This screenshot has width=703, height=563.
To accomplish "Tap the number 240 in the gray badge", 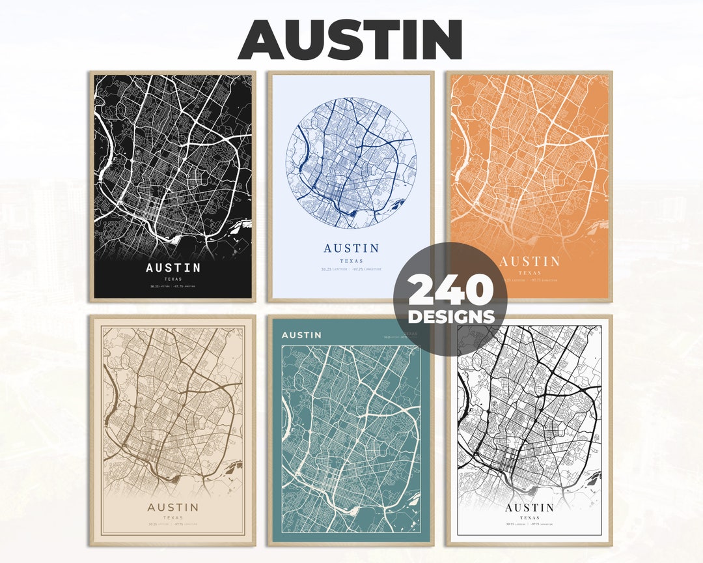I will (450, 291).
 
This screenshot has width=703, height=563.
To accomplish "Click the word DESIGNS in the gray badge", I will (450, 317).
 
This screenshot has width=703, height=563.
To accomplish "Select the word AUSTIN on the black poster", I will (173, 268).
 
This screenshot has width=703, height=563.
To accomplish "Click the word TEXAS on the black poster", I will (173, 278).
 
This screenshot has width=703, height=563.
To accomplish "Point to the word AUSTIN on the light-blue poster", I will (351, 248).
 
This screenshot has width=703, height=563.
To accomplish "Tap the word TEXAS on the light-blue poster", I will (351, 261).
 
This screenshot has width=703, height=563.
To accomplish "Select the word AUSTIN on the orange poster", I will (529, 262).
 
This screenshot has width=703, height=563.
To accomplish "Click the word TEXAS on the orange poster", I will (529, 273).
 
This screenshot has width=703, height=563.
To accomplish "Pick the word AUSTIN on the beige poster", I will (173, 508).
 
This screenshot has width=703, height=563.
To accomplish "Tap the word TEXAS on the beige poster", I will (173, 518).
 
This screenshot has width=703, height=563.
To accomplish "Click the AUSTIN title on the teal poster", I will (301, 335).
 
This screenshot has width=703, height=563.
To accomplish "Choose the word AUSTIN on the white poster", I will (529, 508).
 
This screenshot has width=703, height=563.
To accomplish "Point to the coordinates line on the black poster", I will (173, 286).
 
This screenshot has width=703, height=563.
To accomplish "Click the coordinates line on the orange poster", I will (529, 280).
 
